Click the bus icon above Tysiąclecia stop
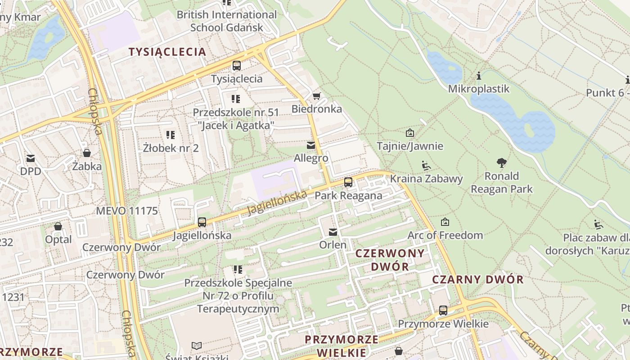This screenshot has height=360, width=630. click(237, 66)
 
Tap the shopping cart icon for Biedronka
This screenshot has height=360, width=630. click(316, 96)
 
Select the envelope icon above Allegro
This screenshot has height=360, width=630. click(310, 145)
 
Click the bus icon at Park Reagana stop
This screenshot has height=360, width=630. click(348, 182)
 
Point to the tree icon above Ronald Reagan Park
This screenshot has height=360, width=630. click(502, 163)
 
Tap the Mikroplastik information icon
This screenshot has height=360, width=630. click(479, 76)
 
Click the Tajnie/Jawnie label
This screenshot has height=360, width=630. click(410, 146)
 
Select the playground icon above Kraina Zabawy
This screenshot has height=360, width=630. click(426, 166)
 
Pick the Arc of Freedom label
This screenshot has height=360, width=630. click(445, 235)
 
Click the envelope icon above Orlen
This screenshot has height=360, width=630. click(333, 232)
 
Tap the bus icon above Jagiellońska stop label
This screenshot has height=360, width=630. click(202, 222)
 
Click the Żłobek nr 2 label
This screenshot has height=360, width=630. click(171, 148)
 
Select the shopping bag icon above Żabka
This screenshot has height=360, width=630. click(87, 153)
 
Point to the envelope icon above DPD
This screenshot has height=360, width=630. click(31, 158)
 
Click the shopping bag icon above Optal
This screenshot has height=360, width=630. click(58, 226)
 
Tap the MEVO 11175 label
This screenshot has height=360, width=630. click(127, 211)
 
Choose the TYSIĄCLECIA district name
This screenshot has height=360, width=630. click(167, 52)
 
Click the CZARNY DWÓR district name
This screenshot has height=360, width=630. click(478, 279)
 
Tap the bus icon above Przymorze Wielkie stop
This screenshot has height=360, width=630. click(443, 310)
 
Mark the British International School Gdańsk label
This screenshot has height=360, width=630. click(226, 21)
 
